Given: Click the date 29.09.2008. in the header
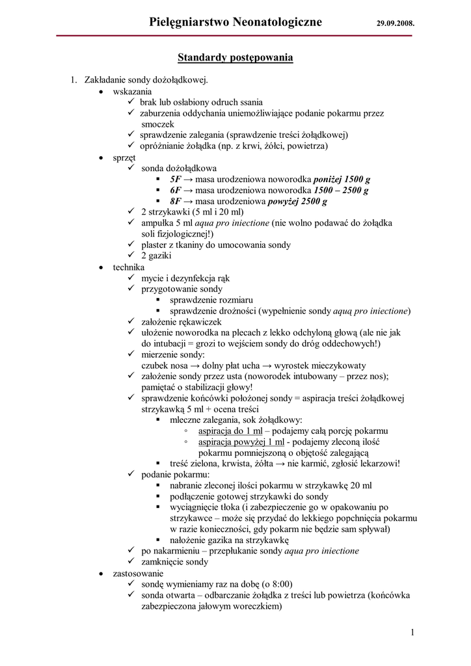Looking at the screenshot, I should pyautogui.click(x=395, y=24).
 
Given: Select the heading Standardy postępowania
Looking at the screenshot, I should pyautogui.click(x=235, y=58).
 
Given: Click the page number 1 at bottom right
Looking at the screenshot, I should pyautogui.click(x=413, y=632).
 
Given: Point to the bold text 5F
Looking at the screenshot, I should pyautogui.click(x=176, y=179).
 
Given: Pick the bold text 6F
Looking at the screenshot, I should pyautogui.click(x=176, y=190).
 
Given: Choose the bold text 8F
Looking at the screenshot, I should pyautogui.click(x=176, y=201).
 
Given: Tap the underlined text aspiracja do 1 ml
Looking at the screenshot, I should pyautogui.click(x=231, y=431).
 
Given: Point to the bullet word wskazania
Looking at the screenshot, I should pyautogui.click(x=132, y=91).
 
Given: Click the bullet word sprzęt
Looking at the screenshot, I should pyautogui.click(x=124, y=157).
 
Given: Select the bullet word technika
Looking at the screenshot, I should pyautogui.click(x=129, y=267).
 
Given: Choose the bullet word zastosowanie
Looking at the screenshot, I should pyautogui.click(x=138, y=573).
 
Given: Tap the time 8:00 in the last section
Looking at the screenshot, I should pyautogui.click(x=280, y=584).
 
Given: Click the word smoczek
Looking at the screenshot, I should pyautogui.click(x=158, y=124).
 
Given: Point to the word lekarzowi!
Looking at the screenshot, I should pyautogui.click(x=377, y=464).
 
